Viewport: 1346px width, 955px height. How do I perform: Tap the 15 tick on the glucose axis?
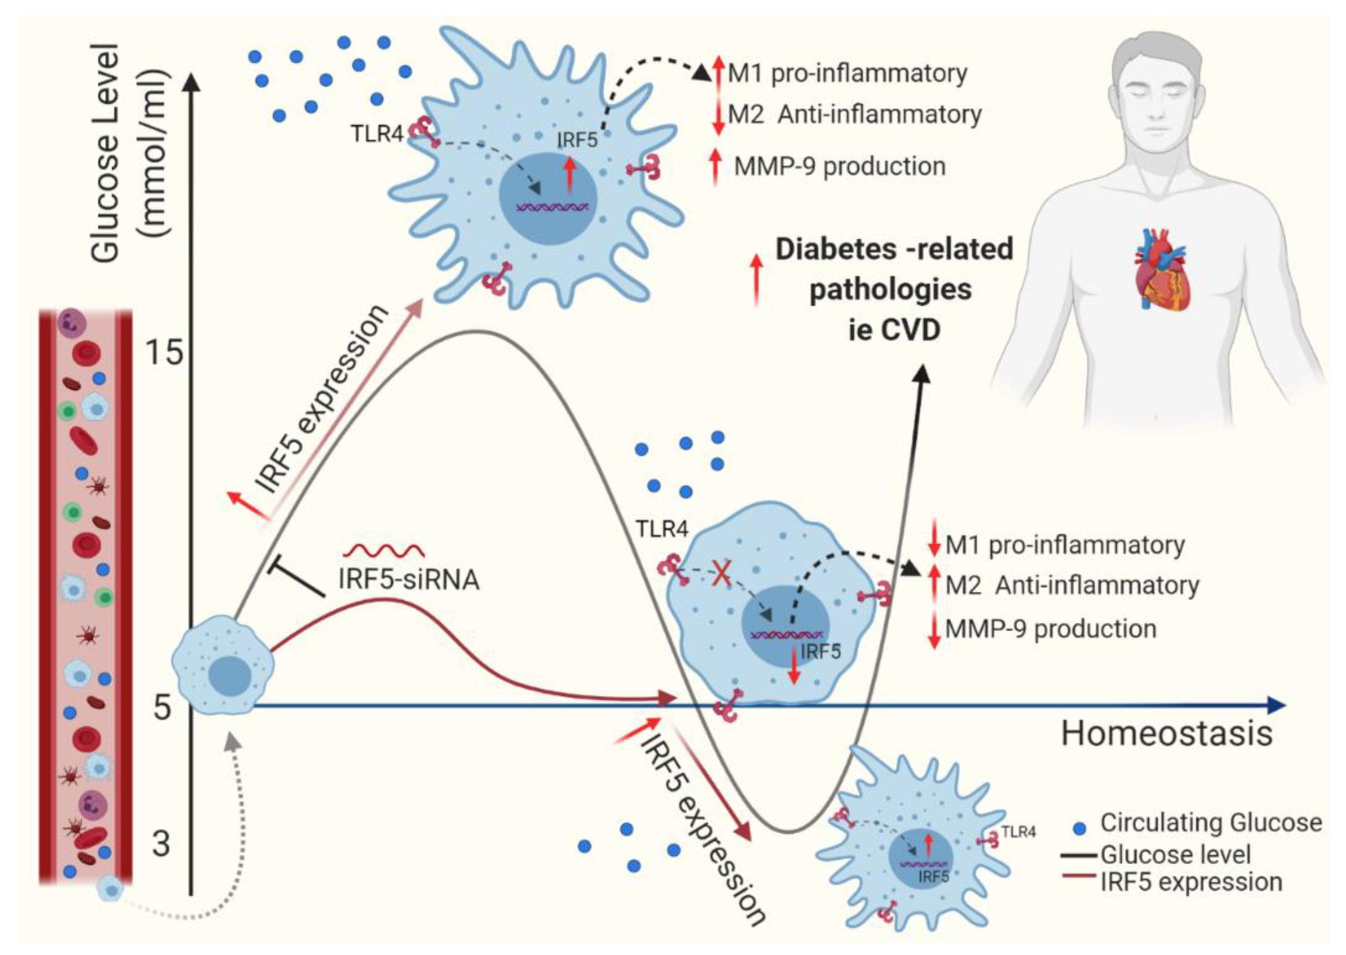tap(164, 353)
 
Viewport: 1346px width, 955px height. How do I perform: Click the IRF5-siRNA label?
tap(409, 580)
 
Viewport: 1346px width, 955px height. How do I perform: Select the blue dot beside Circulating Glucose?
tap(1080, 829)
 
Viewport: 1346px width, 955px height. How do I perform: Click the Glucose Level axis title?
tap(106, 153)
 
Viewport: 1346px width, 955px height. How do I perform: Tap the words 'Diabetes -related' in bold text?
tap(894, 249)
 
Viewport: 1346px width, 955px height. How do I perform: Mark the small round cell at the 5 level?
tap(224, 665)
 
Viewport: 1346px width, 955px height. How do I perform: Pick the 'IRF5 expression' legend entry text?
tap(1191, 882)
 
